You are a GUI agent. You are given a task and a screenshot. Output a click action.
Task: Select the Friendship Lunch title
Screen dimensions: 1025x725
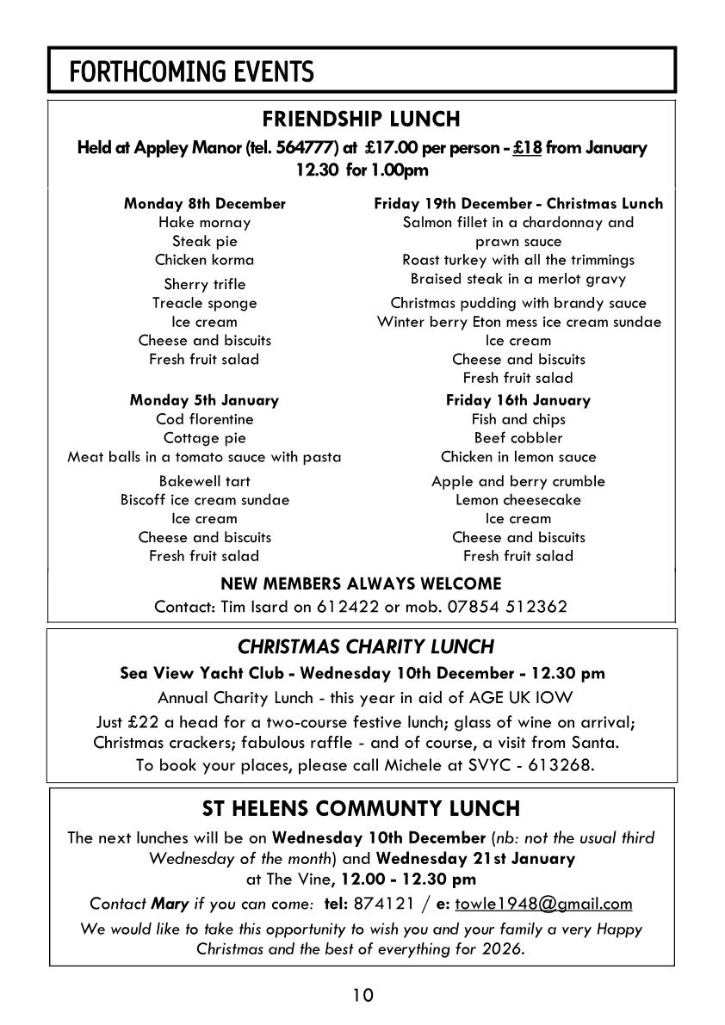click(x=362, y=118)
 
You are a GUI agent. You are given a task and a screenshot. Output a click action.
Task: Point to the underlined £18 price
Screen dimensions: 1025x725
click(x=527, y=148)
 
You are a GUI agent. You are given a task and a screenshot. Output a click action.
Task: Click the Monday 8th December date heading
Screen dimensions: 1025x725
click(x=205, y=204)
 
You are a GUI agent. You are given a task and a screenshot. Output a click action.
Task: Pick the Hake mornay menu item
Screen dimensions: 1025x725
click(x=205, y=223)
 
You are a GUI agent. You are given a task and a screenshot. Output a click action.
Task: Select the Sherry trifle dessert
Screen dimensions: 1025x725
click(x=205, y=284)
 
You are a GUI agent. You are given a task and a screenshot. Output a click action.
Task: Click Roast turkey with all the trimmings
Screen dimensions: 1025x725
click(x=517, y=260)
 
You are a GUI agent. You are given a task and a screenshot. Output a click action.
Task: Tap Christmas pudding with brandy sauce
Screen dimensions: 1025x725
click(x=517, y=303)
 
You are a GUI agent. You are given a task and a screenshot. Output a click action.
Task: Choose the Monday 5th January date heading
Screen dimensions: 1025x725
click(x=205, y=400)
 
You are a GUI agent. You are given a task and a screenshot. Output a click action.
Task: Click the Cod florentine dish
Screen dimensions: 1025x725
click(x=205, y=419)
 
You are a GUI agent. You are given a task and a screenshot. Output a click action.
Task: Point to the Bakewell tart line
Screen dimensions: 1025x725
click(x=205, y=481)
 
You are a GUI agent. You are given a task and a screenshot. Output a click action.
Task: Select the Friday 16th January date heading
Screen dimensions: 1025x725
click(x=517, y=400)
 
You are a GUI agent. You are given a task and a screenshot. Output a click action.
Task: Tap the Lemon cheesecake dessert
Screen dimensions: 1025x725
click(x=517, y=500)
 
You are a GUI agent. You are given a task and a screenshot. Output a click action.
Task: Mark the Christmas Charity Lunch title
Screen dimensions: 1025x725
click(x=366, y=646)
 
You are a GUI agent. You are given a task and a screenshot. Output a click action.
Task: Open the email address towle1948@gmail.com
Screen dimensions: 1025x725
click(x=543, y=904)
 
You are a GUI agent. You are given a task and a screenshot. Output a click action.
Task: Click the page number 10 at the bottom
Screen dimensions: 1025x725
click(x=362, y=996)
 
